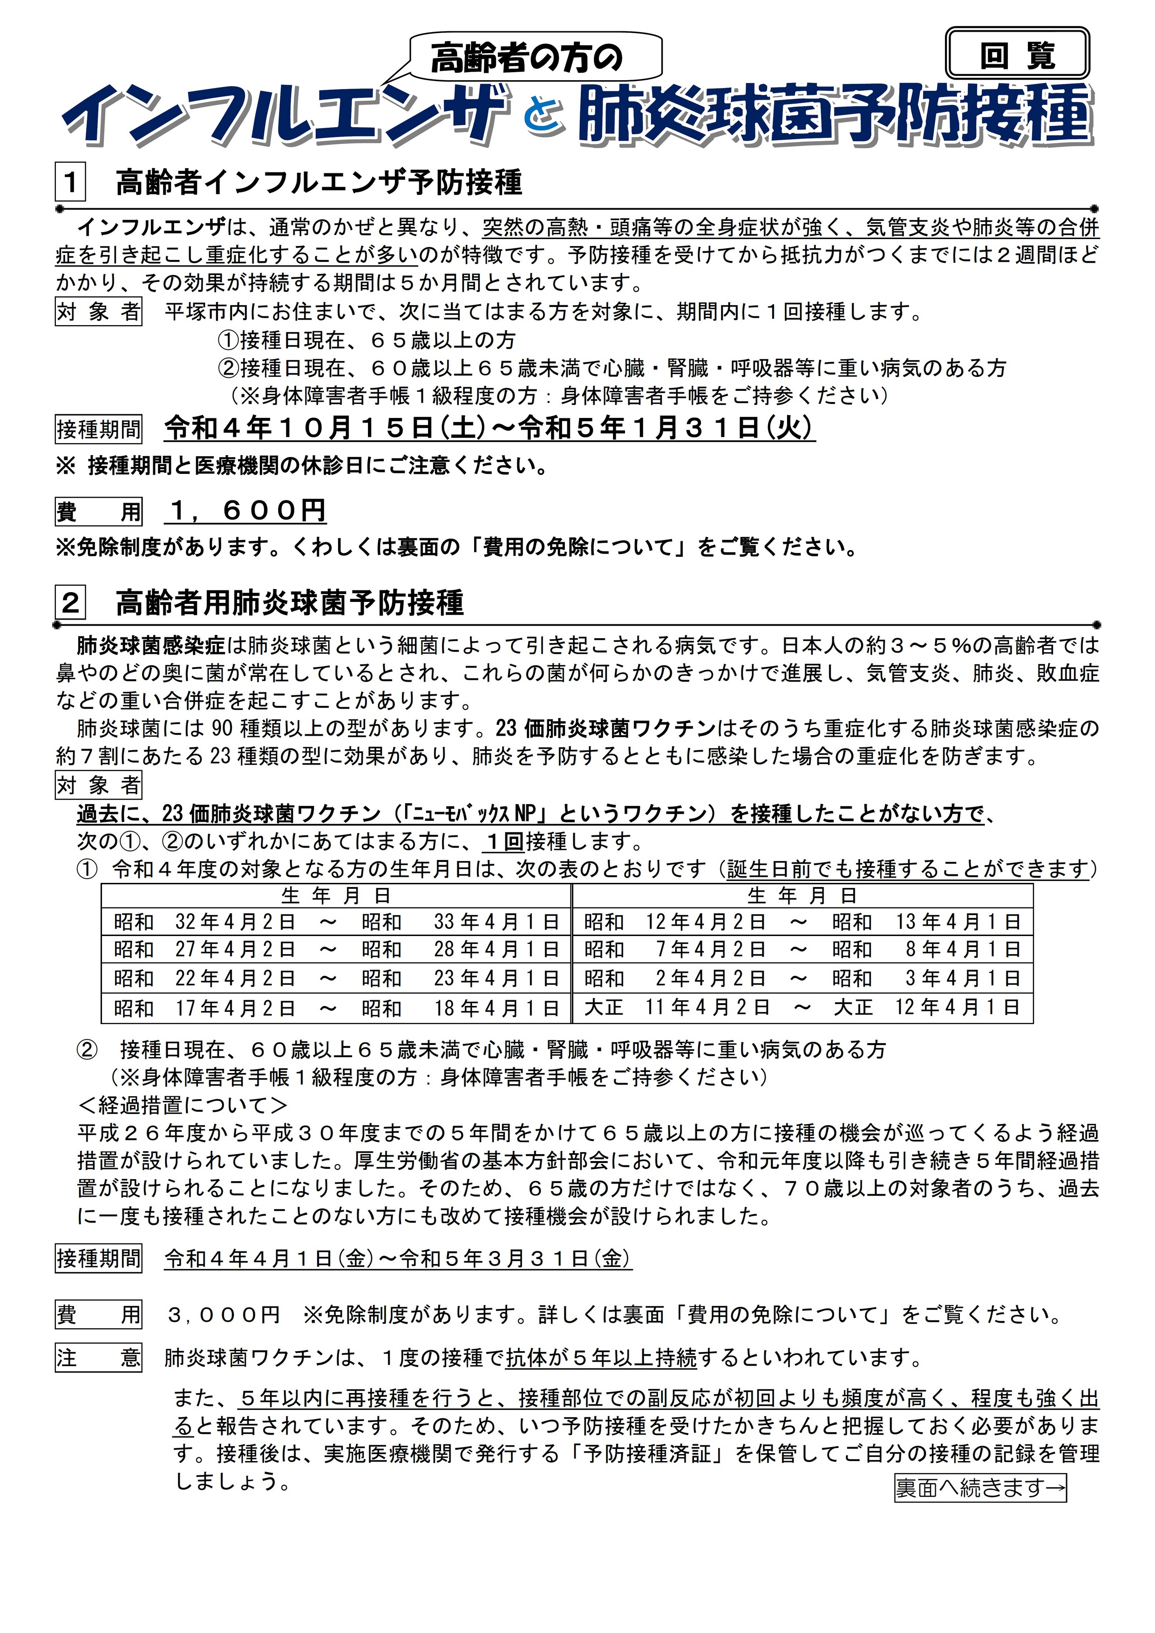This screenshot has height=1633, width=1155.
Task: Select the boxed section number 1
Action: [x=70, y=183]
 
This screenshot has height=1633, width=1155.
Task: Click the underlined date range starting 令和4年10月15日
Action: [x=489, y=428]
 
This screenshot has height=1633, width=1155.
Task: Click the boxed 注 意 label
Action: [x=98, y=1358]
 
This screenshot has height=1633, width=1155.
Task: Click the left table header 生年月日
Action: [x=336, y=895]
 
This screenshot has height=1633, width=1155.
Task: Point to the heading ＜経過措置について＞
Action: [x=183, y=1105]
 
